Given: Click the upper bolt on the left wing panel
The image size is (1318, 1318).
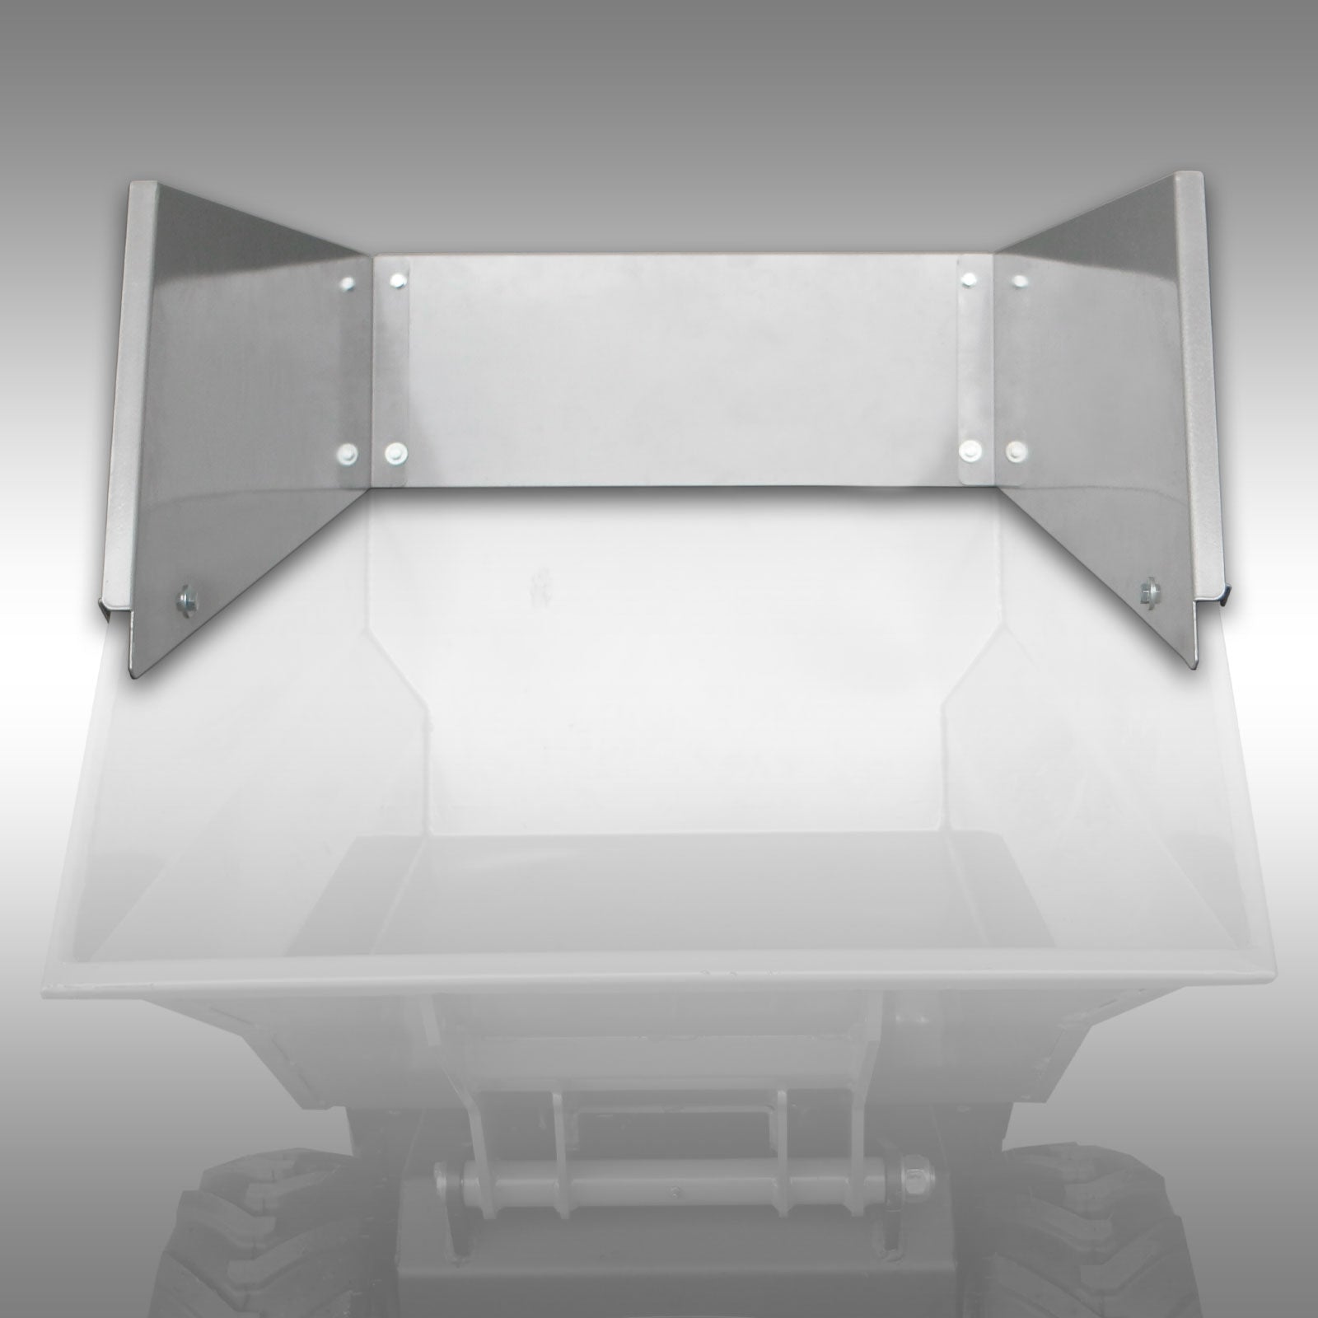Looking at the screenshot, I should [347, 284].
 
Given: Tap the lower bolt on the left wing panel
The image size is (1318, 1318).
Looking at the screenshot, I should [347, 452].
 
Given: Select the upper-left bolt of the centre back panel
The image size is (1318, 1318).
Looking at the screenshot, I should [399, 281].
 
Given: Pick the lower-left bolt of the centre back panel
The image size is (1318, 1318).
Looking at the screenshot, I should [396, 452].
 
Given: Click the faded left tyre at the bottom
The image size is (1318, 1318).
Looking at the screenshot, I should [239, 1236].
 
